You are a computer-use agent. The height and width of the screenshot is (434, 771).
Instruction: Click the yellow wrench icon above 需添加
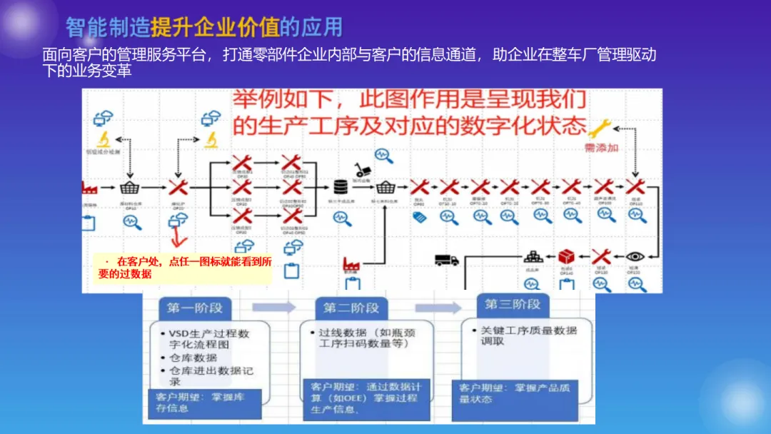pyautogui.click(x=598, y=127)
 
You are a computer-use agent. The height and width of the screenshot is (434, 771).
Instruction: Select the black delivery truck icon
pyautogui.click(x=447, y=261)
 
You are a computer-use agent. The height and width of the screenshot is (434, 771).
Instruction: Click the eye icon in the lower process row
pyautogui.click(x=635, y=256)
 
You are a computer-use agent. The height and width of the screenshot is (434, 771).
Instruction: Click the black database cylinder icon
pyautogui.click(x=341, y=187)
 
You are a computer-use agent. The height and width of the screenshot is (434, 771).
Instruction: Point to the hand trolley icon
pyautogui.click(x=363, y=168)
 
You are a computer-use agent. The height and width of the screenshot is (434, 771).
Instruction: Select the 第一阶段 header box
pyautogui.click(x=194, y=308)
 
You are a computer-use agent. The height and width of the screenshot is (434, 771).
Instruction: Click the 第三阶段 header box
pyautogui.click(x=513, y=305)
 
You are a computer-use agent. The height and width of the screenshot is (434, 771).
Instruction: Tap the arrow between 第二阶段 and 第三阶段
pyautogui.click(x=438, y=308)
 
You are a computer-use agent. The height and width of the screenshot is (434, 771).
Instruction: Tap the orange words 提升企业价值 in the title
pyautogui.click(x=214, y=27)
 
